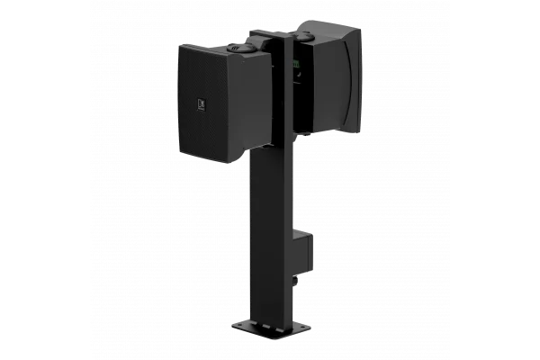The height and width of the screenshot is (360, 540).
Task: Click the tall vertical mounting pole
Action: tap(271, 225)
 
